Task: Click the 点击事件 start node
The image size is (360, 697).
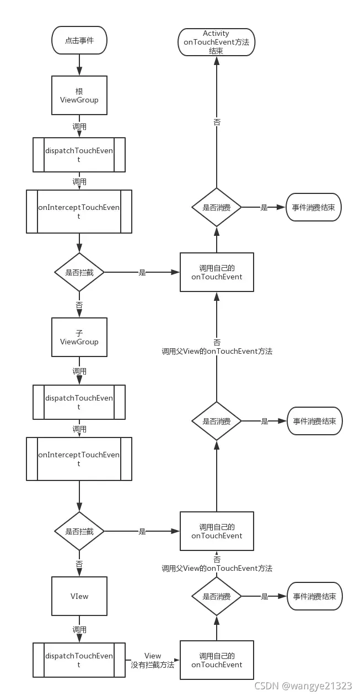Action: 79,40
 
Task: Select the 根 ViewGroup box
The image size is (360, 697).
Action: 79,95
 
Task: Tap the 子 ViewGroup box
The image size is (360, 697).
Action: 79,337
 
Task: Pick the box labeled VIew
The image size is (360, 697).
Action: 79,596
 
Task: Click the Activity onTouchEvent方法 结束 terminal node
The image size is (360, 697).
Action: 216,42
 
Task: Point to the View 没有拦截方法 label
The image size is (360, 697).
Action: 153,661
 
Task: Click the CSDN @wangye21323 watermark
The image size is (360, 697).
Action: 303,686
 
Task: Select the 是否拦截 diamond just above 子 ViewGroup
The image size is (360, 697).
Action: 79,272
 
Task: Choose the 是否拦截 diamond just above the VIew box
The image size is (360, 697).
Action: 79,531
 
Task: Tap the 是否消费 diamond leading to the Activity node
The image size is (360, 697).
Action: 217,207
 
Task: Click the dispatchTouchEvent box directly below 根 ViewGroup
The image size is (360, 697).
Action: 79,155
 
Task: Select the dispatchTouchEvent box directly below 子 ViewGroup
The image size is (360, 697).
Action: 79,402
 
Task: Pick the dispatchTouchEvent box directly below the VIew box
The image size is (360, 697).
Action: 79,660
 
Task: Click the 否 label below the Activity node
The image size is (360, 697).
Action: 217,122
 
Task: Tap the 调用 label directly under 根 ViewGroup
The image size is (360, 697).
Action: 79,126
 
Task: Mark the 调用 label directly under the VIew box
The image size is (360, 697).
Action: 79,629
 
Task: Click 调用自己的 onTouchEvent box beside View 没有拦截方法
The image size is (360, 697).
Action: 217,660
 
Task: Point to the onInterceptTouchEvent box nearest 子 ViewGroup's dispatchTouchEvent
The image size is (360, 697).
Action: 79,459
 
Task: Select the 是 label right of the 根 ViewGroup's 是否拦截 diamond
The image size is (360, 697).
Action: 142,272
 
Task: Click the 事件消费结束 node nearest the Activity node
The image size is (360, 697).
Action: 314,208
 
